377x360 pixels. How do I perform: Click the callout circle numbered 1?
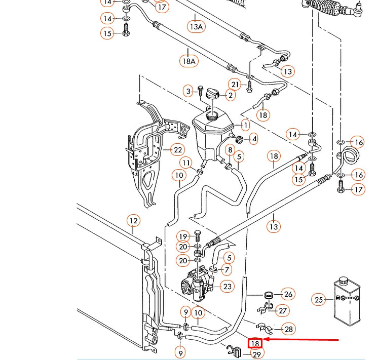[245, 125]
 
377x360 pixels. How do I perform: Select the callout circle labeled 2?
[231, 95]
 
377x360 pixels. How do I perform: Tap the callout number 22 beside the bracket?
[177, 150]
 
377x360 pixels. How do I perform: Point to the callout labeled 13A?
[196, 26]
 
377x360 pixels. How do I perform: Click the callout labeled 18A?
[188, 61]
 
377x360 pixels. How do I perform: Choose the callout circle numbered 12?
[133, 221]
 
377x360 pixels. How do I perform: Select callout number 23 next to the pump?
[228, 287]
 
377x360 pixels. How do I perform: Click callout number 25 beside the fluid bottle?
[318, 300]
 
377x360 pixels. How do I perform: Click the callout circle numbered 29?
[257, 354]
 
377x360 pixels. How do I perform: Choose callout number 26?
[288, 294]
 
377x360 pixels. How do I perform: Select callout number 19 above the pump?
[183, 236]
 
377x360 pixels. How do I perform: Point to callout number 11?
[186, 163]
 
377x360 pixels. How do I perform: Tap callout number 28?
[288, 329]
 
